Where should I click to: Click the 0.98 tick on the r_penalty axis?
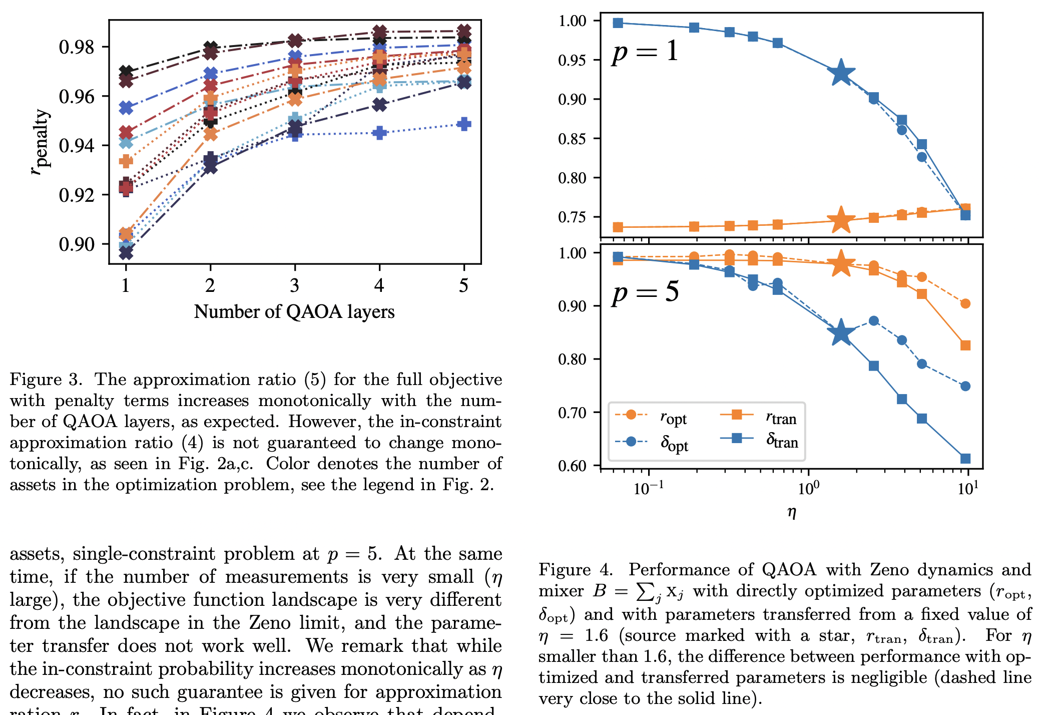point(76,47)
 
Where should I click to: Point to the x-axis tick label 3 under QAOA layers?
point(294,285)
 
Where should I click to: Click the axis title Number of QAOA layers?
point(294,311)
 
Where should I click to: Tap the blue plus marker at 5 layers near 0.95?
point(464,124)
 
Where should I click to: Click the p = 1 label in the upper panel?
point(645,52)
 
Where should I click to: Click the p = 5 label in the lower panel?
point(645,292)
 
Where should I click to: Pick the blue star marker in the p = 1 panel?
point(841,73)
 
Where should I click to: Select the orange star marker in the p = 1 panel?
point(841,220)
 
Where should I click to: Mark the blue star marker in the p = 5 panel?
point(841,332)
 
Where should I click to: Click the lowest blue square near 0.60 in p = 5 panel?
point(965,459)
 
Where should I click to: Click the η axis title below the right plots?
point(791,512)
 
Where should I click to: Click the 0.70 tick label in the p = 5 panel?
point(572,413)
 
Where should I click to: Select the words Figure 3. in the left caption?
point(46,380)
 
